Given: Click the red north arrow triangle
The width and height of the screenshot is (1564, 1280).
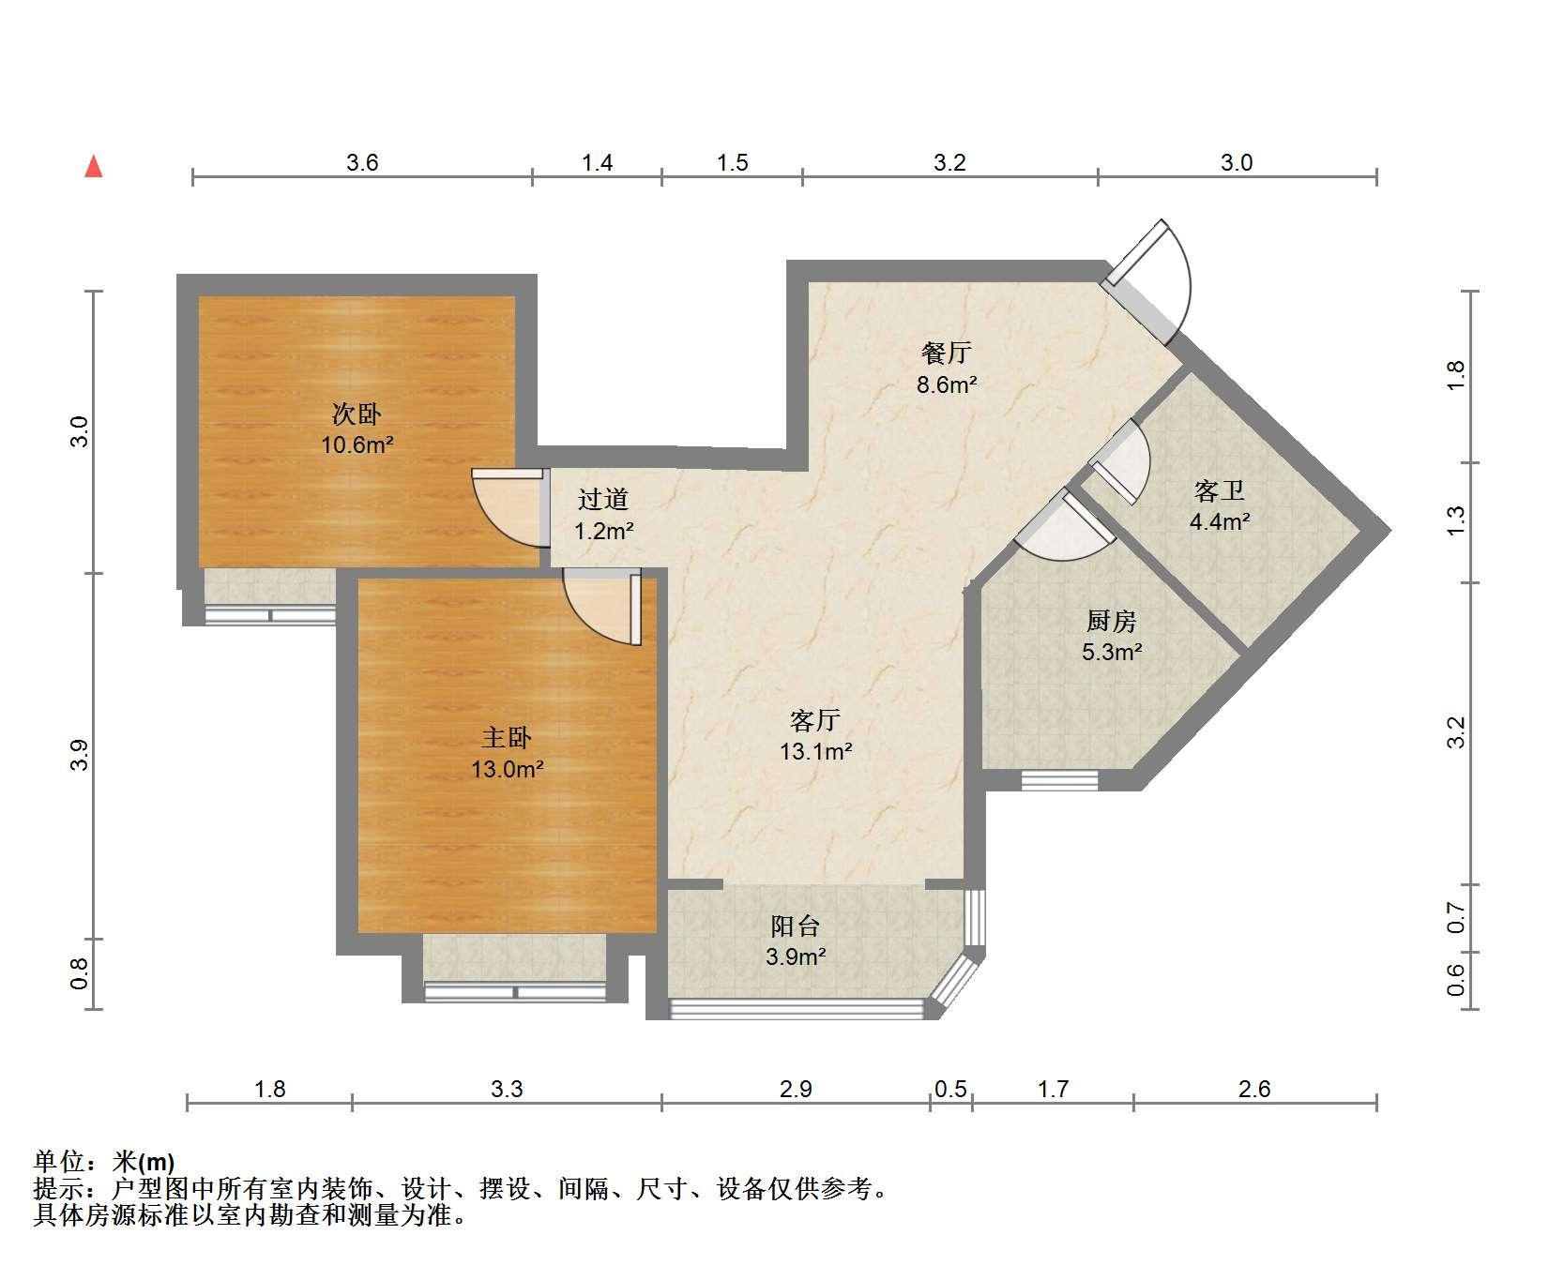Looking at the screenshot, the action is click(94, 167).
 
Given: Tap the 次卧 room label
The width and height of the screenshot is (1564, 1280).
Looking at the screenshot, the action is click(357, 414).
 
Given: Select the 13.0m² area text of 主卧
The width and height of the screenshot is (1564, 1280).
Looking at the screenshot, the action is click(508, 770).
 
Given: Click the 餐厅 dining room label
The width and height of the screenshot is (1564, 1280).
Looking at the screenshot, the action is click(947, 353).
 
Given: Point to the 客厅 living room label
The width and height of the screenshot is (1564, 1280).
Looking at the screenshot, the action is click(815, 720).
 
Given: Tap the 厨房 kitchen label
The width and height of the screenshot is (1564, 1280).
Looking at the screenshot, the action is click(1112, 620).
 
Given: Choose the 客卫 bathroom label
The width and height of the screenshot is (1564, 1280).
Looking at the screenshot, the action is click(1220, 490).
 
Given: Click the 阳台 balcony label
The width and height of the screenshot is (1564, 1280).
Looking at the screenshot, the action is click(796, 926).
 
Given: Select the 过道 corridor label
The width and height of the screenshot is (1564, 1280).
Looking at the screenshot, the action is click(603, 500).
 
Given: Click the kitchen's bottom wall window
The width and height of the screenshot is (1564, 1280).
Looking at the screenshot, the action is click(1059, 780).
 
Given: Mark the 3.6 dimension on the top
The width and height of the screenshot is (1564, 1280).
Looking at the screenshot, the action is click(362, 163).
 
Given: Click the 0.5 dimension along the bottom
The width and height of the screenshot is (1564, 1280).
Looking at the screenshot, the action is click(951, 1090).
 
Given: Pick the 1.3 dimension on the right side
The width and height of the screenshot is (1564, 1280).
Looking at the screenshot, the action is click(1455, 520).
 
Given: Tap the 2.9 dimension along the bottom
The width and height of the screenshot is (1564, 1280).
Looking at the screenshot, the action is click(796, 1090).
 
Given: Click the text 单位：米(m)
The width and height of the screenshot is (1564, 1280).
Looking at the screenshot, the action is click(104, 1163).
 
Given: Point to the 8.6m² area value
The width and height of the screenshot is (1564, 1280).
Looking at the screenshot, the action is click(948, 384).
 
